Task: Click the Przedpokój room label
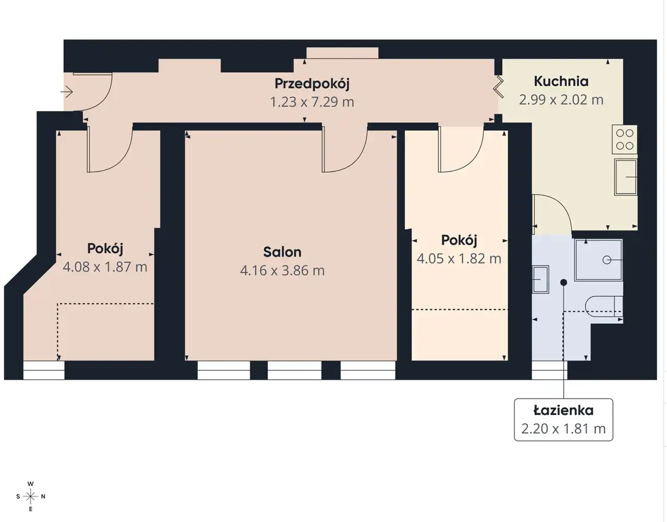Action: (x=312, y=84)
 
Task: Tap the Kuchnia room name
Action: (x=561, y=81)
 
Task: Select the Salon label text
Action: (x=282, y=252)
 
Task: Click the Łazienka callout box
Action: (x=563, y=420)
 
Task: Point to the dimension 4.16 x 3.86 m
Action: (x=282, y=271)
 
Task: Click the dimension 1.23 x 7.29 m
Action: (x=312, y=102)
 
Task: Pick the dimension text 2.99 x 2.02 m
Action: (x=561, y=100)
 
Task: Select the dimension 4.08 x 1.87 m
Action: (x=105, y=267)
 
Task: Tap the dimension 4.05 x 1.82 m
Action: (x=459, y=259)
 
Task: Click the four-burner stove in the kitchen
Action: (x=625, y=139)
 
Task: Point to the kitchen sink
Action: (x=625, y=177)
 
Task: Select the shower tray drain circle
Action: (x=607, y=260)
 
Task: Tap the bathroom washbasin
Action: (x=540, y=280)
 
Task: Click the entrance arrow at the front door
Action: (x=67, y=92)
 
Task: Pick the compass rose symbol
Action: (x=30, y=496)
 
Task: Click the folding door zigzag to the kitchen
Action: (x=499, y=87)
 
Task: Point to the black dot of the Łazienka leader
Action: (x=563, y=282)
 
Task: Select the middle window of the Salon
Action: (x=294, y=370)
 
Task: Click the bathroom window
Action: (x=549, y=370)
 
